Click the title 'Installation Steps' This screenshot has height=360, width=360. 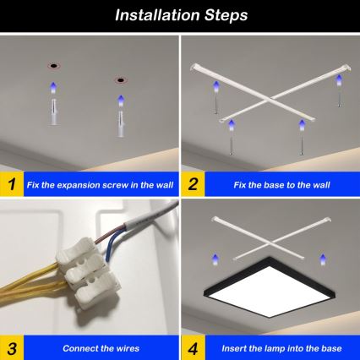point(180,15)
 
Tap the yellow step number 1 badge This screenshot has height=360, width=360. point(11,183)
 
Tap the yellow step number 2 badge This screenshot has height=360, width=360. point(194,183)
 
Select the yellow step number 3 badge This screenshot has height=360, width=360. point(11,347)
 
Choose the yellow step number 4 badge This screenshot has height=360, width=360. point(194,347)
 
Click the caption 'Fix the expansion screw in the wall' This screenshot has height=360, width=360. point(100,183)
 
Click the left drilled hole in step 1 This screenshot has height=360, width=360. point(52,64)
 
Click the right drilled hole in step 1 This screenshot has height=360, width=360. point(120,81)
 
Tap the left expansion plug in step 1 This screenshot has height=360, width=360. point(53,110)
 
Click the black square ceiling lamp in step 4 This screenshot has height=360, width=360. point(270,292)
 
